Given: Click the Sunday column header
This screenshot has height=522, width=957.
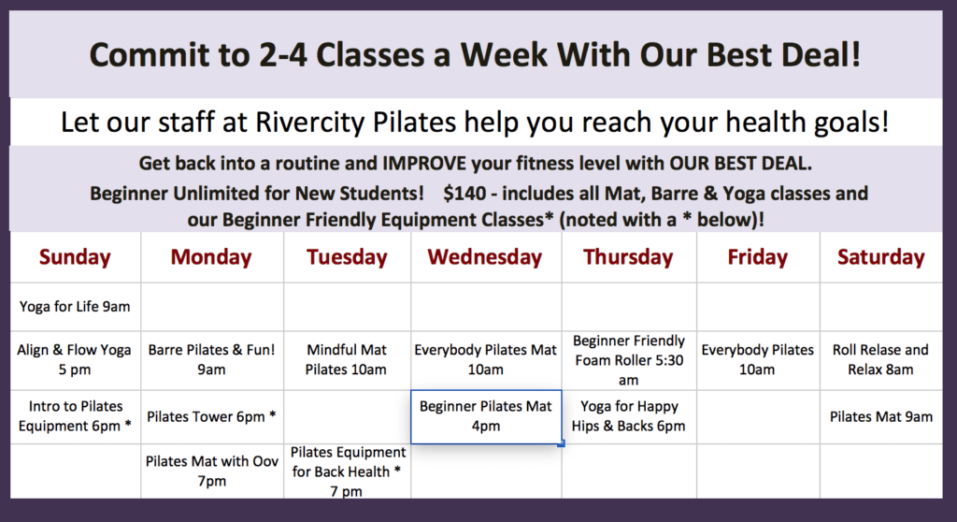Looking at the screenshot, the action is (75, 257).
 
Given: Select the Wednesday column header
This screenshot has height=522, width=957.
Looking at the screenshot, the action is (485, 257).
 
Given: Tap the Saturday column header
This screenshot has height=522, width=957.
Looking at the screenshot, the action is (880, 257).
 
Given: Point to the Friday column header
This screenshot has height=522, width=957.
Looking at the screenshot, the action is (757, 257).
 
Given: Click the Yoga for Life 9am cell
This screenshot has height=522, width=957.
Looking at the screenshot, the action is (75, 306).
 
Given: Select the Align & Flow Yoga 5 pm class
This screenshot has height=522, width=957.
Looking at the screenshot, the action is (75, 359).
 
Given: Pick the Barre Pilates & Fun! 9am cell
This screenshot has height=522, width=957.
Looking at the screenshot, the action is (212, 359).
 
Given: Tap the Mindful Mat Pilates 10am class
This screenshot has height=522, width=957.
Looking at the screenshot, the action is (346, 359).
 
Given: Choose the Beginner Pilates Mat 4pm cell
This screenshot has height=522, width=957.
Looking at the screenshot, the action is (486, 416).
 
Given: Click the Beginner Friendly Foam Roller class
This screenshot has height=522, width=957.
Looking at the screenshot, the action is (629, 360).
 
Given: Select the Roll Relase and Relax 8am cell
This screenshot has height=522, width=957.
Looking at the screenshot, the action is (880, 359).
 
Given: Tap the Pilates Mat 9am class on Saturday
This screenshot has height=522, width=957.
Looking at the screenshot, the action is (880, 417).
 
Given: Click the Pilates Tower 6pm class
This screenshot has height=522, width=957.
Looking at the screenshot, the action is (212, 417).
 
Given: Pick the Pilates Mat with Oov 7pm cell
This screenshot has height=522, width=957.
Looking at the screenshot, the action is (212, 471).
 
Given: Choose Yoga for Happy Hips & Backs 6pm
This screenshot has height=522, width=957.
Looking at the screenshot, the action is (629, 416).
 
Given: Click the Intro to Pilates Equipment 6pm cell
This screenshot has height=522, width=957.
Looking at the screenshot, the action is (75, 416).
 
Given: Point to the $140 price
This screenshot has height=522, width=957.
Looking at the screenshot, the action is (465, 193).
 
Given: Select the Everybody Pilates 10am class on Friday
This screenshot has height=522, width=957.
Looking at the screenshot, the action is (757, 359).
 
